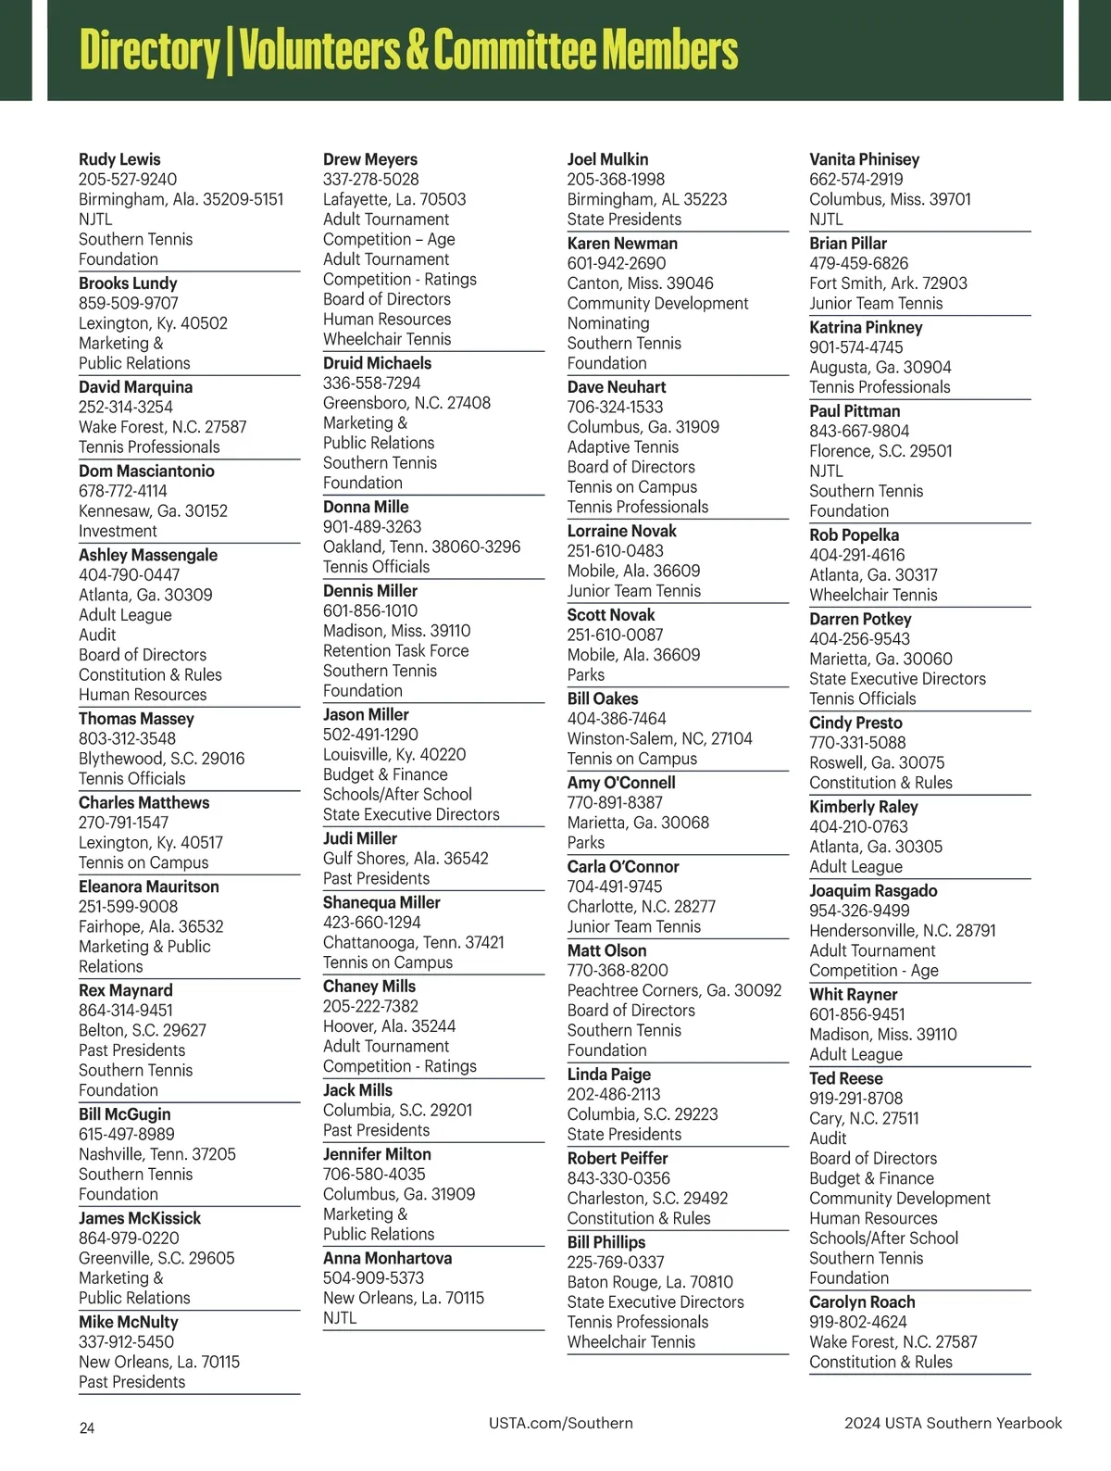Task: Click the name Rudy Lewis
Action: coord(119,159)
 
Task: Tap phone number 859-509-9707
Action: coord(129,303)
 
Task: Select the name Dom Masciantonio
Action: coord(146,471)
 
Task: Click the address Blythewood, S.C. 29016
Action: coord(162,759)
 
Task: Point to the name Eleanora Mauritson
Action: coord(149,886)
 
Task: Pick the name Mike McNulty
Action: coord(129,1322)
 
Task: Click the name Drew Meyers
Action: coord(370,159)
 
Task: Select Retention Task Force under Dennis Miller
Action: coord(395,650)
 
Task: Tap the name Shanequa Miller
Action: coord(381,902)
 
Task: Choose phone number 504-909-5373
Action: coord(373,1278)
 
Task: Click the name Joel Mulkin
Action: coord(607,159)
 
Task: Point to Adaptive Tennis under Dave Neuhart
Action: coord(623,446)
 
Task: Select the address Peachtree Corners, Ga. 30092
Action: coord(674,990)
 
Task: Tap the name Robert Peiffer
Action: coord(618,1158)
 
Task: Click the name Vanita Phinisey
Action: coord(865,159)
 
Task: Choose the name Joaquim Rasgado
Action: coord(873,890)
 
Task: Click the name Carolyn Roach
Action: coord(862,1301)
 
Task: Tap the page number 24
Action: coord(87,1428)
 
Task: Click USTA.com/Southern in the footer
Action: coord(561,1423)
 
